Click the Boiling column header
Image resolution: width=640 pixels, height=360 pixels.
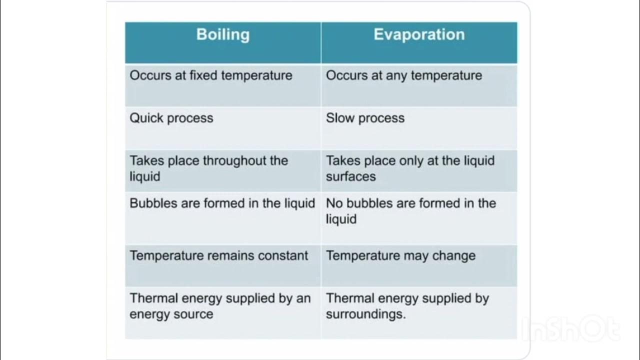click(x=222, y=34)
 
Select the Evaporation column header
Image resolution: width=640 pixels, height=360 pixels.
click(x=419, y=34)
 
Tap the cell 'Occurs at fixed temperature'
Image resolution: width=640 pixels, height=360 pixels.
click(x=211, y=75)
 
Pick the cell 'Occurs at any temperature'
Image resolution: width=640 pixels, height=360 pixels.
click(x=404, y=75)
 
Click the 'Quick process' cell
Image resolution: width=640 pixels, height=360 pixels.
click(x=171, y=118)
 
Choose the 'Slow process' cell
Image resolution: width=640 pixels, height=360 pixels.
click(x=365, y=118)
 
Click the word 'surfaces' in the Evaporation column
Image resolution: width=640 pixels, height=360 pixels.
click(x=350, y=176)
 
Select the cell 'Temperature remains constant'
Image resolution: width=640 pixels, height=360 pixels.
click(x=219, y=255)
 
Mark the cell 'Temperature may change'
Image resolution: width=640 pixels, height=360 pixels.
click(x=400, y=255)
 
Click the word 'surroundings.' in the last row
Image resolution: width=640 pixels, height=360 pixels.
click(x=365, y=314)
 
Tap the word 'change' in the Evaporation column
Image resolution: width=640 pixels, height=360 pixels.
click(x=453, y=255)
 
